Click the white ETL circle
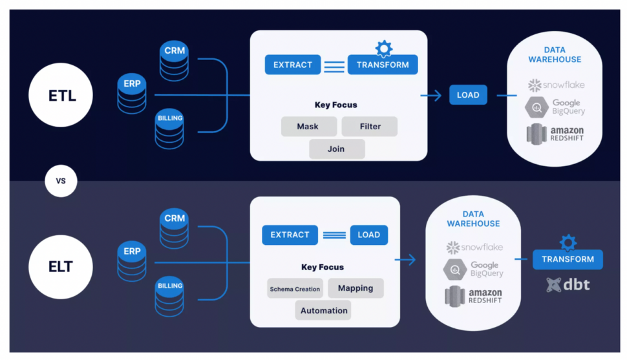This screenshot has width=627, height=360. click(61, 96)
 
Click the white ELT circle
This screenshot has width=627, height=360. click(61, 266)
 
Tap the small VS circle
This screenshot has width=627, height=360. click(61, 182)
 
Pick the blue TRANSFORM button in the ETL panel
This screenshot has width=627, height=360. click(383, 65)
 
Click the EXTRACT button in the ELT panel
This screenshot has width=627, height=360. click(290, 235)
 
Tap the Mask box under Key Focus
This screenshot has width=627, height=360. click(308, 126)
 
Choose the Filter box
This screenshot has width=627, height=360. click(370, 126)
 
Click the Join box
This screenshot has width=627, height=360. click(336, 149)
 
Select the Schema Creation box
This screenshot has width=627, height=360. click(295, 288)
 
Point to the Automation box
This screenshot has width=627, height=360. click(323, 310)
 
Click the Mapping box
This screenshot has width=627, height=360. click(356, 288)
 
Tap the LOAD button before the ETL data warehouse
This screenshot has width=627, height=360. click(468, 94)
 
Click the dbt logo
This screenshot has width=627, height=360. click(568, 284)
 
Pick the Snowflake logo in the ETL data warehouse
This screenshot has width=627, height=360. click(555, 85)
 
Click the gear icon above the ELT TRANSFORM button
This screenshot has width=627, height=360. click(568, 243)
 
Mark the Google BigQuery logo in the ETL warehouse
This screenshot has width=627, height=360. click(555, 107)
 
